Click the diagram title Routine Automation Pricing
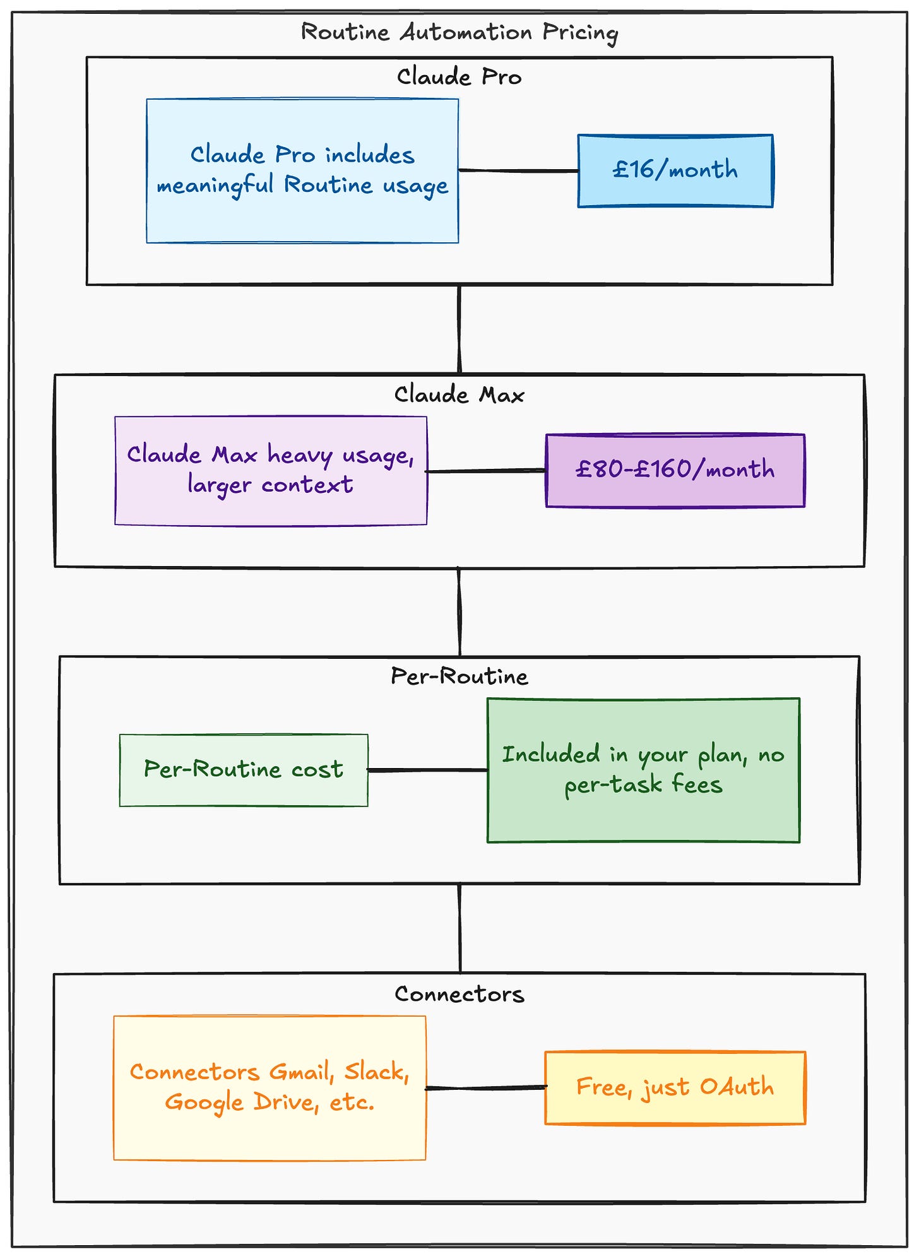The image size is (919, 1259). click(459, 32)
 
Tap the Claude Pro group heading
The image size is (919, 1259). click(459, 77)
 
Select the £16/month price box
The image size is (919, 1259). click(675, 170)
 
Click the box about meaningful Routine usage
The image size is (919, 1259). click(302, 170)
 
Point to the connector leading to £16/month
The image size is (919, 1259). click(518, 170)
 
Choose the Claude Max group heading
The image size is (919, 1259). click(459, 395)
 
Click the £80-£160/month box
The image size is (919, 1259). click(675, 470)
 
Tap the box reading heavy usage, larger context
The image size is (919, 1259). click(271, 470)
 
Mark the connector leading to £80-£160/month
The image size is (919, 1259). click(486, 471)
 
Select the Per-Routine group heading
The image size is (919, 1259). click(459, 677)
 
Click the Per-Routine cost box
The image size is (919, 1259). click(244, 770)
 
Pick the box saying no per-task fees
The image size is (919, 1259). click(643, 770)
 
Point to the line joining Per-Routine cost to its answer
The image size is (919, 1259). click(427, 770)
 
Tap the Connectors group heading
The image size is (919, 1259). click(459, 994)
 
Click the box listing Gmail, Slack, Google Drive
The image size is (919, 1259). click(270, 1088)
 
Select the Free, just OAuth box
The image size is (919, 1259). click(675, 1087)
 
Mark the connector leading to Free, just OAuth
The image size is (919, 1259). click(485, 1087)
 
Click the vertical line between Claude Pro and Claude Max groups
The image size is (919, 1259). click(459, 329)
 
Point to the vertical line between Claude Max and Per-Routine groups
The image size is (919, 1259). click(459, 612)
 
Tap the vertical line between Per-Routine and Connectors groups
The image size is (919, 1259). click(460, 928)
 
